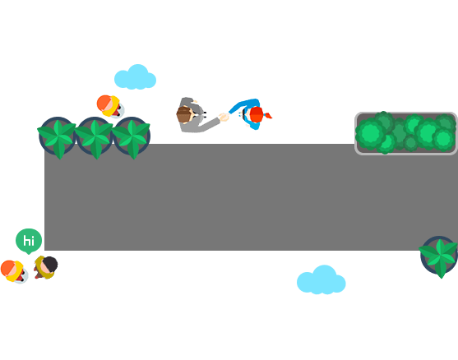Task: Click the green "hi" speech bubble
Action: [x=29, y=241]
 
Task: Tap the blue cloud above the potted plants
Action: [x=135, y=77]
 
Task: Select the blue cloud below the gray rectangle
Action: [x=322, y=280]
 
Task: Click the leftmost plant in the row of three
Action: [x=58, y=137]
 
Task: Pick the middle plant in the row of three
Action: [x=95, y=137]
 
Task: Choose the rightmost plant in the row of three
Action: [x=132, y=137]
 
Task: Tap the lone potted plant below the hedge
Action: [x=439, y=256]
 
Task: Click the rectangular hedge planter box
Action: [x=405, y=133]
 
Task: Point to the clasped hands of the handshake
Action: [x=224, y=117]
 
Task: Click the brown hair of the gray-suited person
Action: [x=183, y=115]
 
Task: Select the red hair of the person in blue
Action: [x=257, y=114]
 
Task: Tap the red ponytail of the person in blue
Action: [x=267, y=116]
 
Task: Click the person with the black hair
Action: [x=46, y=267]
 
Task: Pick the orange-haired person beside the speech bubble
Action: [x=14, y=271]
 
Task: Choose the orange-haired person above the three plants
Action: [x=110, y=106]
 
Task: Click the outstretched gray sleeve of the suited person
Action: [x=210, y=123]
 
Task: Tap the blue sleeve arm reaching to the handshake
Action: [x=243, y=104]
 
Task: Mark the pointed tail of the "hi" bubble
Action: [x=29, y=253]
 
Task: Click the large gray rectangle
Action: [x=251, y=197]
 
